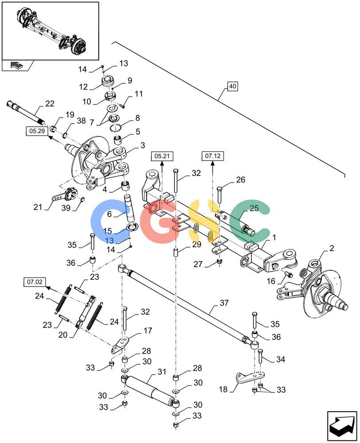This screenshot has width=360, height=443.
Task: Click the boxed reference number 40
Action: (x=232, y=86)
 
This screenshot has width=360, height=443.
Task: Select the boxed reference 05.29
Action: (x=37, y=131)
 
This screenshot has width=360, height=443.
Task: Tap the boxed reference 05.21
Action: (x=162, y=156)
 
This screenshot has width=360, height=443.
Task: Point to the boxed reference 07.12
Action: (x=213, y=156)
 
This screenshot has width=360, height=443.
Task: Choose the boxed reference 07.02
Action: (x=35, y=282)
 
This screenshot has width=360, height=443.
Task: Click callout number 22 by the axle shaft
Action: (x=50, y=104)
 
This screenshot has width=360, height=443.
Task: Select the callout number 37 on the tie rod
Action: (x=224, y=303)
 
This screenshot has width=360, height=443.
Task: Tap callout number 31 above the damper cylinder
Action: (x=162, y=372)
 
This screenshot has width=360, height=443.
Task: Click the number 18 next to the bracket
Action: (x=223, y=389)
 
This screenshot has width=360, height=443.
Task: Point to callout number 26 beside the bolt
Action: (x=240, y=180)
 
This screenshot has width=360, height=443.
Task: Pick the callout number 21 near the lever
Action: (x=38, y=207)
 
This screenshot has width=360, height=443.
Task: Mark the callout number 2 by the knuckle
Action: (x=332, y=248)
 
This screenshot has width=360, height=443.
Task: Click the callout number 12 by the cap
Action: (x=83, y=87)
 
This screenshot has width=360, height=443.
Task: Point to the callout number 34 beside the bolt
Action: (x=281, y=359)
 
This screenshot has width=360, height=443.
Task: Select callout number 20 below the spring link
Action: (x=63, y=335)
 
